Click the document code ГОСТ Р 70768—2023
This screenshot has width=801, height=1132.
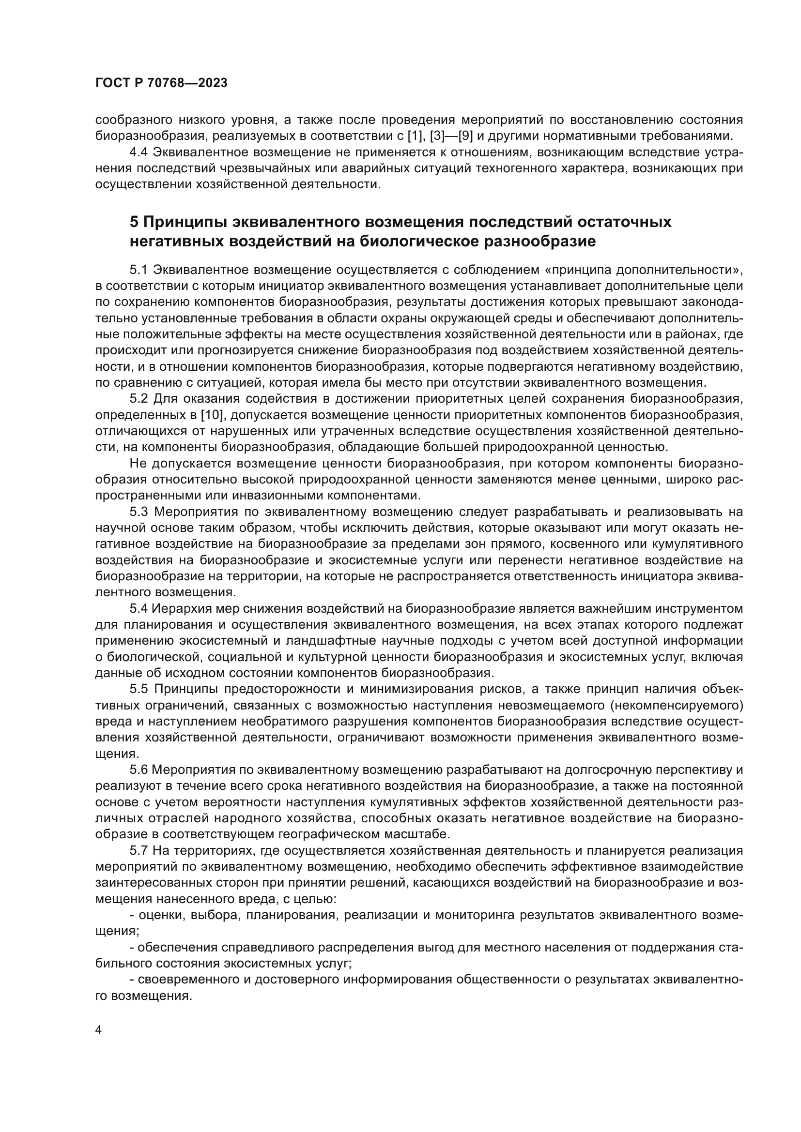click(x=161, y=83)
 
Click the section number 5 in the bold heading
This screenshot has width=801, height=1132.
click(x=134, y=222)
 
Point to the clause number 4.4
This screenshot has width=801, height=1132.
click(x=139, y=152)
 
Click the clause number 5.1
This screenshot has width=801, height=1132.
click(x=139, y=270)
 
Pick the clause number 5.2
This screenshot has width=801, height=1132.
click(x=139, y=398)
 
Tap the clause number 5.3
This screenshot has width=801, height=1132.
click(x=139, y=512)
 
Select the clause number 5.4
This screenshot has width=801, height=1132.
click(x=139, y=608)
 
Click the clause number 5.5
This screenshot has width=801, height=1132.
click(x=139, y=689)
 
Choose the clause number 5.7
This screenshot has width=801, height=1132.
click(x=139, y=850)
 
